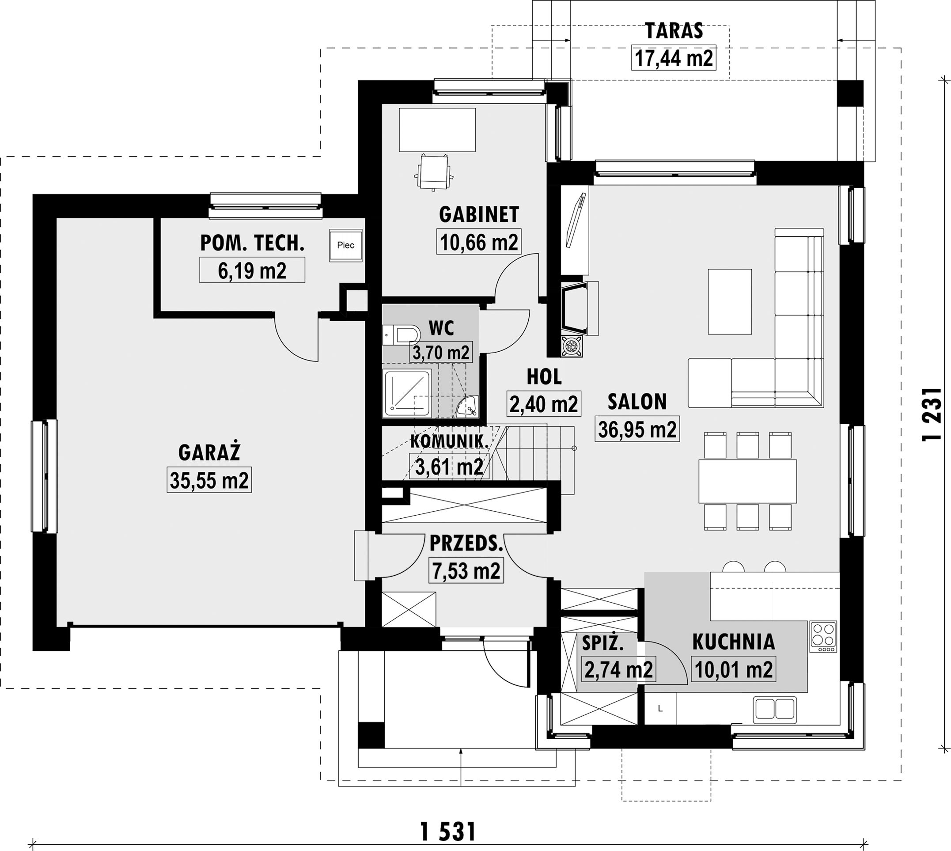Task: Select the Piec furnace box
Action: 346,245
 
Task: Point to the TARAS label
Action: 674,30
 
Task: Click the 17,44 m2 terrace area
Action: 674,58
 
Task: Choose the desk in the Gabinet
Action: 437,129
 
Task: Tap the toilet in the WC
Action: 401,334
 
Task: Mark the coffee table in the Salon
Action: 730,302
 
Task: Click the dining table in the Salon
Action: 747,481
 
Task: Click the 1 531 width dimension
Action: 448,832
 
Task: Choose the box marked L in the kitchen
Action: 660,709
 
